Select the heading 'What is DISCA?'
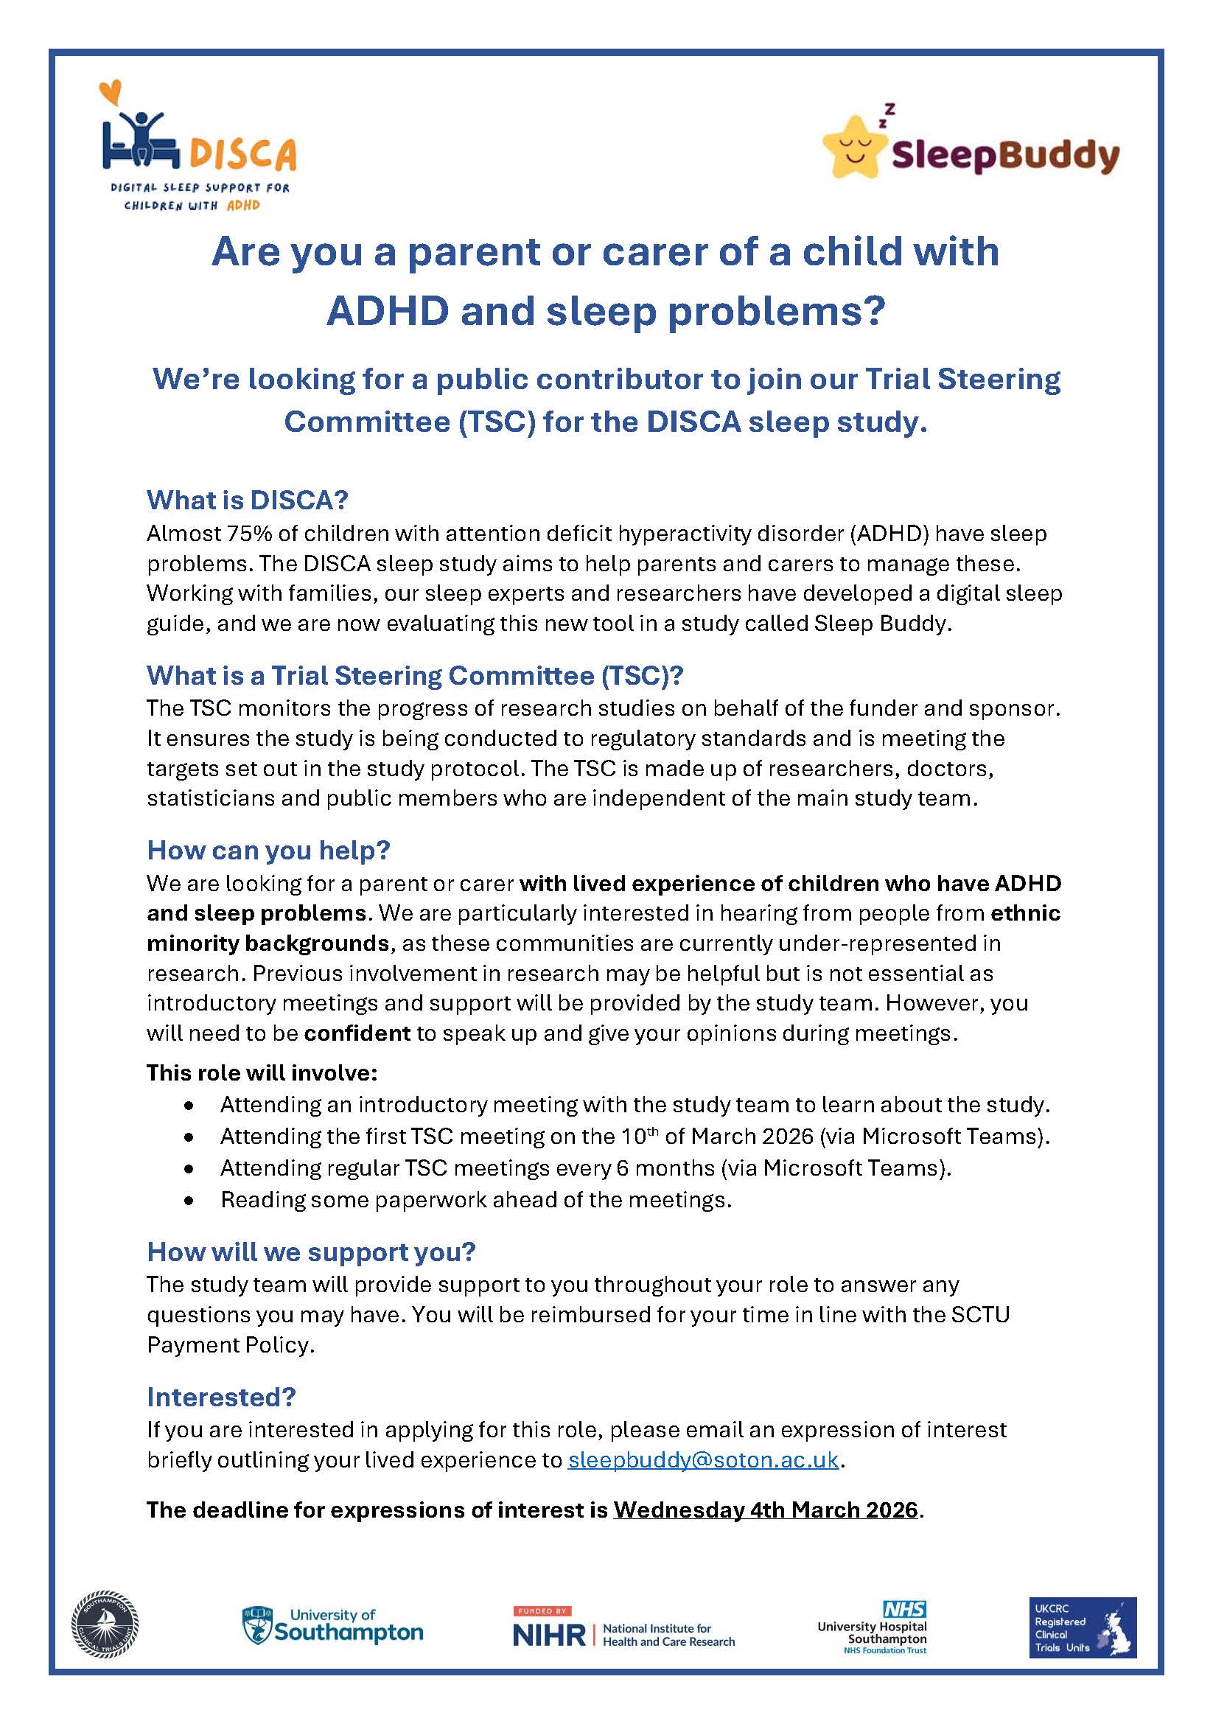[248, 500]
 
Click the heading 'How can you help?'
[269, 850]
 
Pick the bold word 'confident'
[357, 1033]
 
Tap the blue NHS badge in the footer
[904, 1609]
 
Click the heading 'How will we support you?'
[312, 1252]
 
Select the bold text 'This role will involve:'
[262, 1073]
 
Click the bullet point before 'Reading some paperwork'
[189, 1201]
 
